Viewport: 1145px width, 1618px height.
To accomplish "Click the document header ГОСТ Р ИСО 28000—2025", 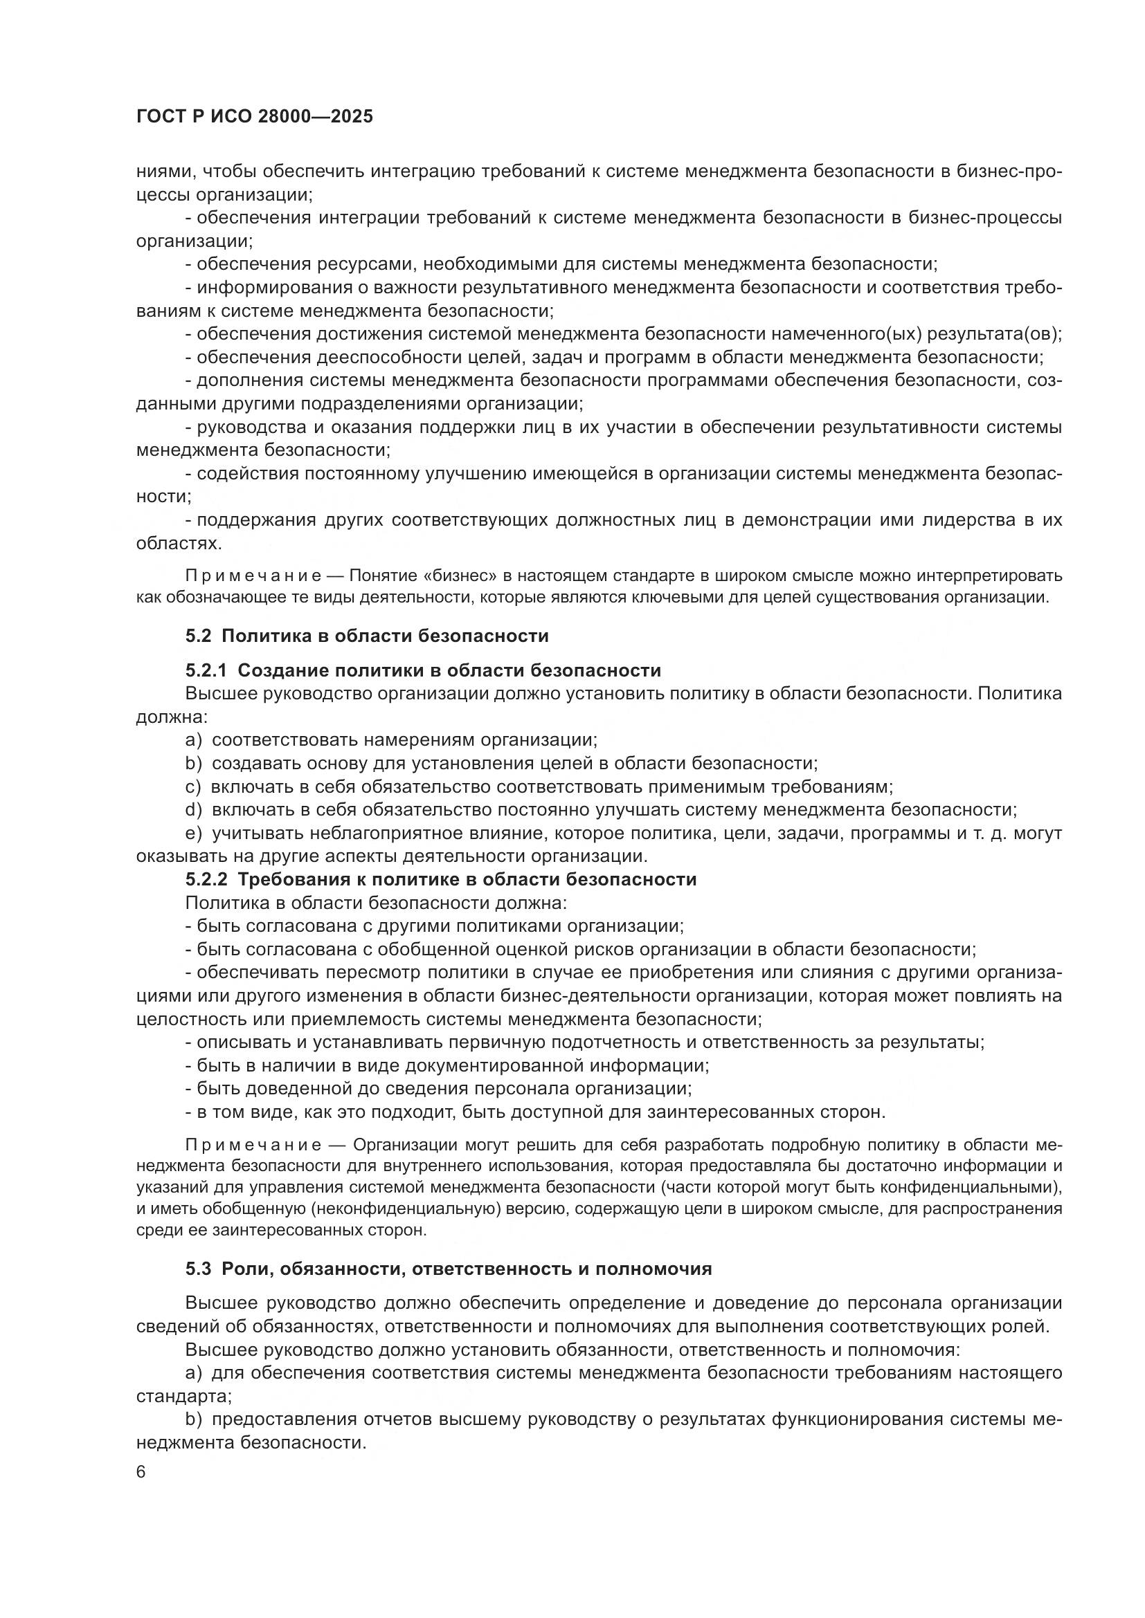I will (x=255, y=117).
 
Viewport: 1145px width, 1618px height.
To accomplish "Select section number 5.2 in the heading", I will (x=198, y=636).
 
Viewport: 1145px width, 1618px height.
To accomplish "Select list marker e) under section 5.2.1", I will (x=194, y=834).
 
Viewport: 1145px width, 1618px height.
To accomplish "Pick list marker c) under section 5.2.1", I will (x=193, y=787).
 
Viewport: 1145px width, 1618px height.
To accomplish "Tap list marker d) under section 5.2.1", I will (x=194, y=810).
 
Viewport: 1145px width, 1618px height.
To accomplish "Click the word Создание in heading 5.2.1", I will (x=280, y=670).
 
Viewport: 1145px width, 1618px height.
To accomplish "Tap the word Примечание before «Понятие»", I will (x=253, y=576).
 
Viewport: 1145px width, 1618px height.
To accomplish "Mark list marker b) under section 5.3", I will (x=194, y=1419).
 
